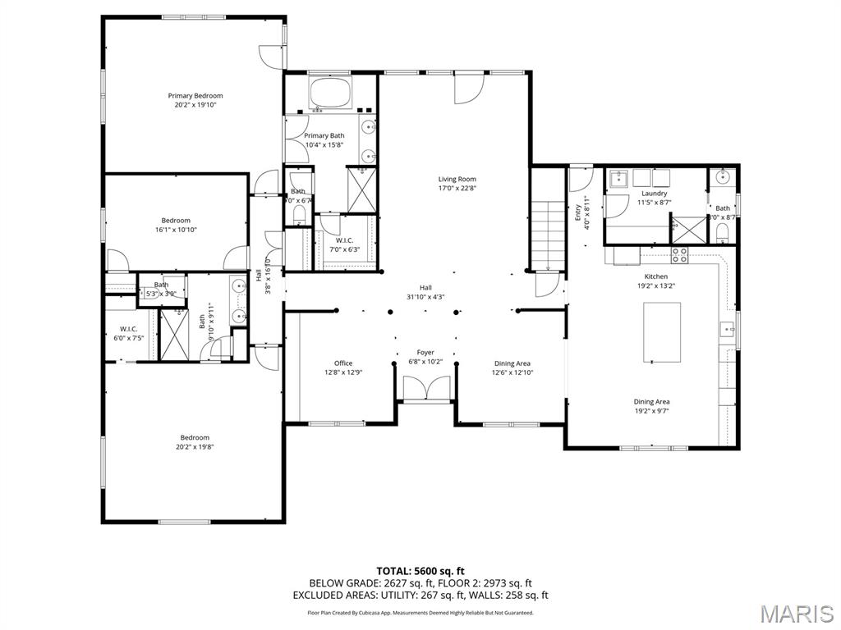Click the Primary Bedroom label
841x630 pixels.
(x=195, y=96)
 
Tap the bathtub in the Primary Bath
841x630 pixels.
(x=330, y=92)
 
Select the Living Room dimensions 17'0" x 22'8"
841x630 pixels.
(x=456, y=188)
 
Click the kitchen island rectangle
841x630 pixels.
(x=662, y=332)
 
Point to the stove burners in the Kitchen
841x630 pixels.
(x=680, y=255)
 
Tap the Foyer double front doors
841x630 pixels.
(x=426, y=388)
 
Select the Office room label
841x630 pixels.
(x=343, y=363)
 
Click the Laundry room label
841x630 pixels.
(x=655, y=194)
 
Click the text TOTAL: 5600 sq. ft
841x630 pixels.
(x=420, y=571)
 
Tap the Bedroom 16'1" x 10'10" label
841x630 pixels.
(x=176, y=225)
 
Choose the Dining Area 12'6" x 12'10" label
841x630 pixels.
(x=512, y=367)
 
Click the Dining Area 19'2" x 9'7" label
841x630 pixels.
(x=651, y=406)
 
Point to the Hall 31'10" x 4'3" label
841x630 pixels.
(x=425, y=292)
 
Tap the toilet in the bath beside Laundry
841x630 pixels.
(x=723, y=235)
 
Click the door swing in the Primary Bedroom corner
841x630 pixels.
(x=269, y=55)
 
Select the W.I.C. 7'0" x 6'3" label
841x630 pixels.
(x=344, y=244)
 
